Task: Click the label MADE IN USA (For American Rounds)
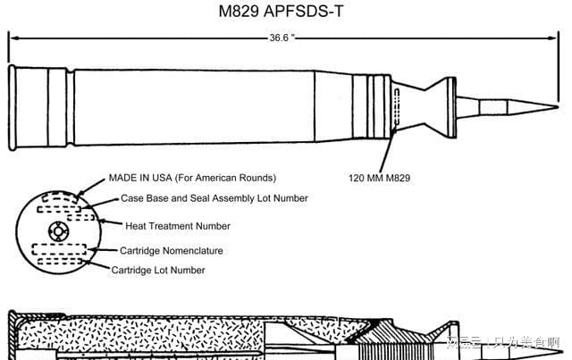click(x=191, y=178)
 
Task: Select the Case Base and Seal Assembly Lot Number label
click(x=214, y=198)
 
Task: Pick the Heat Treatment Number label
click(x=177, y=226)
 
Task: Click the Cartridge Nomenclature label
click(x=172, y=250)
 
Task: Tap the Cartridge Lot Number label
click(x=158, y=270)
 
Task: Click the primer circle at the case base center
click(x=58, y=230)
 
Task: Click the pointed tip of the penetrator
click(x=555, y=100)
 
